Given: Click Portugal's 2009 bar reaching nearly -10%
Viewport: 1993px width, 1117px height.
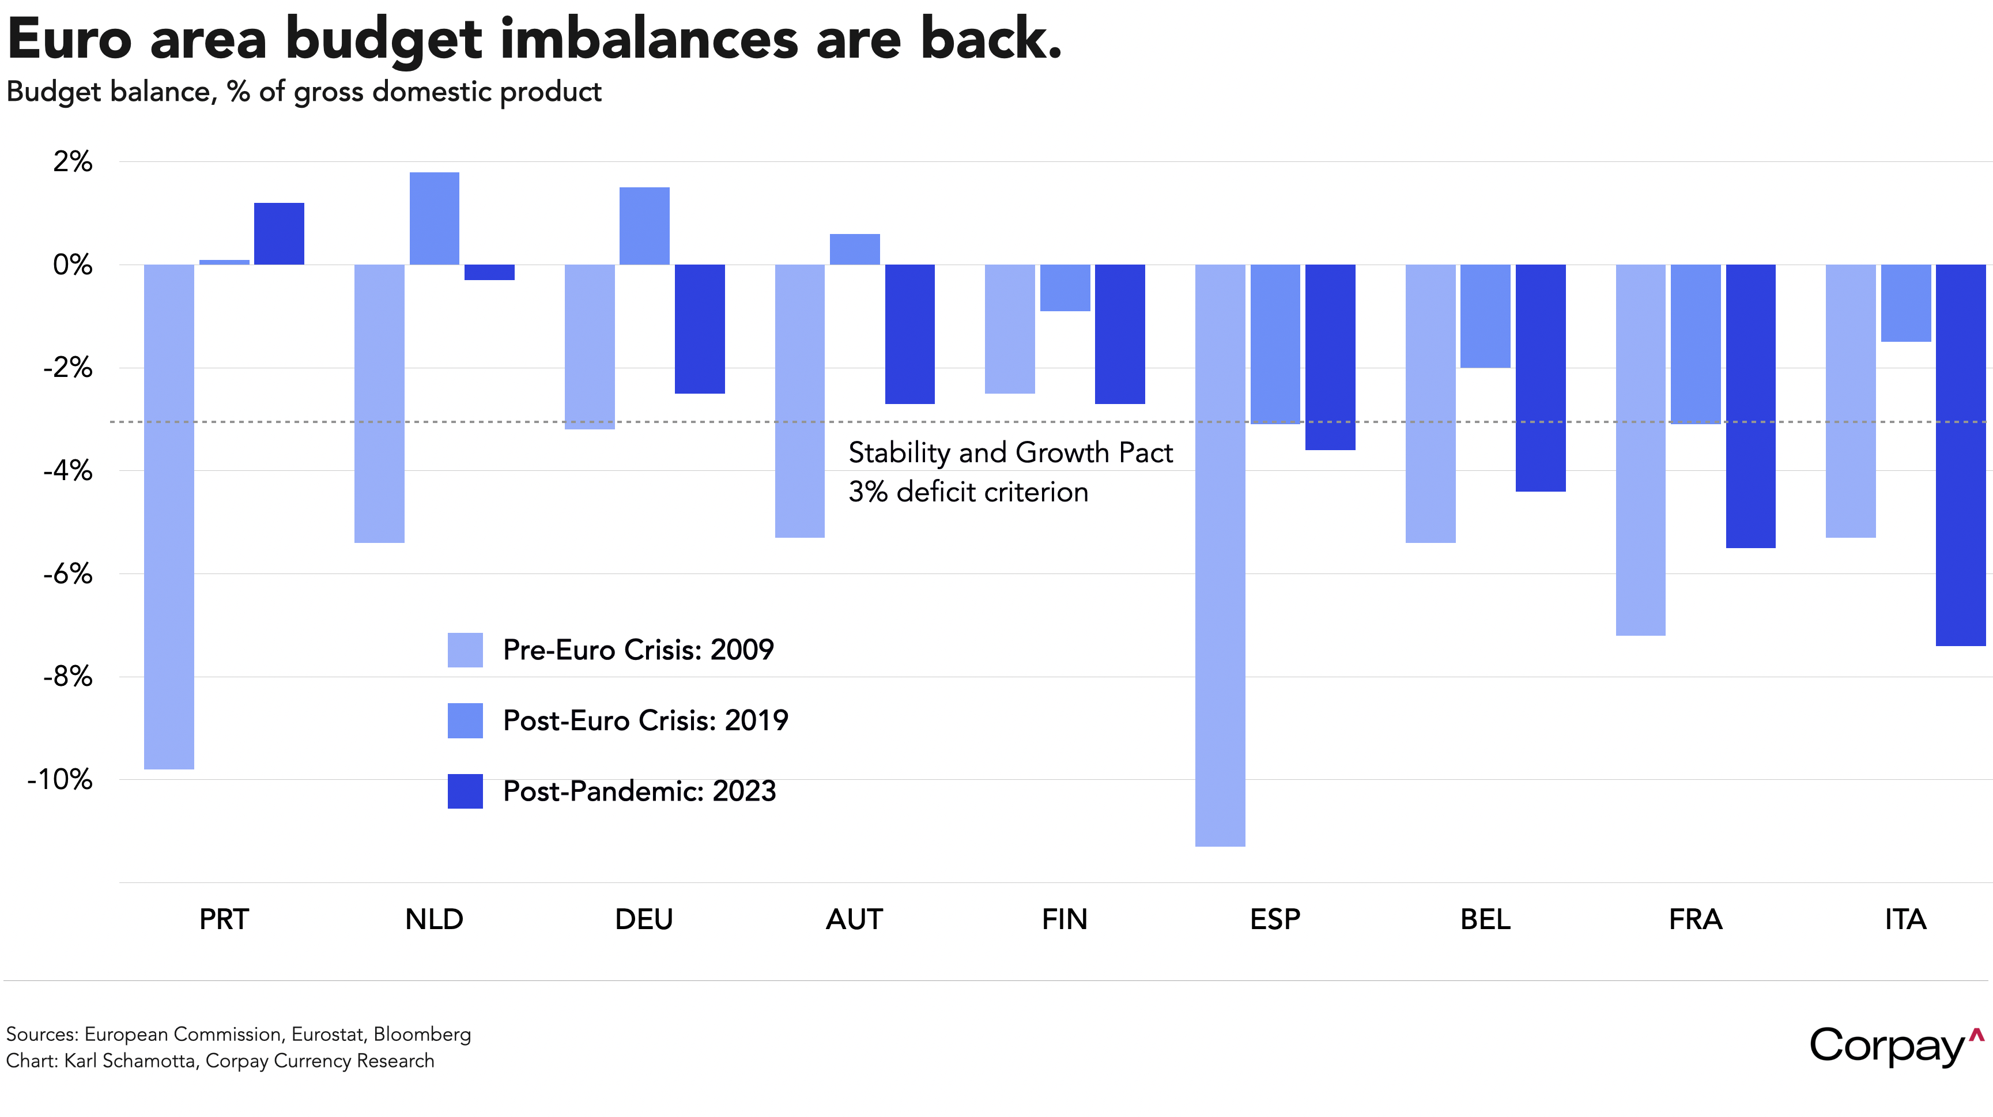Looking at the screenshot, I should click(x=169, y=517).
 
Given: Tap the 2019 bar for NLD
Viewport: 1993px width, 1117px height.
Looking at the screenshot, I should click(x=434, y=218).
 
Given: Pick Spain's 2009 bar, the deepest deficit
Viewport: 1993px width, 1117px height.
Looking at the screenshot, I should click(x=1220, y=556).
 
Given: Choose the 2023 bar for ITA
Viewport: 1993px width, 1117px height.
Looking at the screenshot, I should click(x=1961, y=455).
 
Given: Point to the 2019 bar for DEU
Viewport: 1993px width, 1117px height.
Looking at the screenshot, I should click(x=644, y=226).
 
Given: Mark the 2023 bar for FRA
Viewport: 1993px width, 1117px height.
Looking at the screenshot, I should click(x=1750, y=406).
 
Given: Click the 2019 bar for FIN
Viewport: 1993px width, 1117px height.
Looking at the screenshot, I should click(x=1065, y=288).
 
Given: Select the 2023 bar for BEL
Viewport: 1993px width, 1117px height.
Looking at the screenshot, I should click(x=1541, y=378).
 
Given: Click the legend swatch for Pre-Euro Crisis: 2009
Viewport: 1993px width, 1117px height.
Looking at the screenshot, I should click(x=465, y=650).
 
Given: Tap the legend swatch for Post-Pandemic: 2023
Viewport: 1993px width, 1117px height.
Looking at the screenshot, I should click(x=465, y=791).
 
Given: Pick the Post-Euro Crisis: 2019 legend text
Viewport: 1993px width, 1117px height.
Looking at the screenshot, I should click(x=646, y=720).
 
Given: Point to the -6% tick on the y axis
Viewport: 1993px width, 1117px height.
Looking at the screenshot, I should click(x=68, y=574).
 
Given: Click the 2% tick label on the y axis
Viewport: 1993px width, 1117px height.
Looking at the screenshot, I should click(x=72, y=161).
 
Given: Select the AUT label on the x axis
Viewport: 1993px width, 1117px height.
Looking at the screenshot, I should click(x=854, y=919).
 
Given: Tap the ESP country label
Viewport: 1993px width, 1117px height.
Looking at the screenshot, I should click(x=1275, y=919).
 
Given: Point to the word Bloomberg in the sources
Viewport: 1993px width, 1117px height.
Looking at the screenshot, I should click(x=422, y=1034).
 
